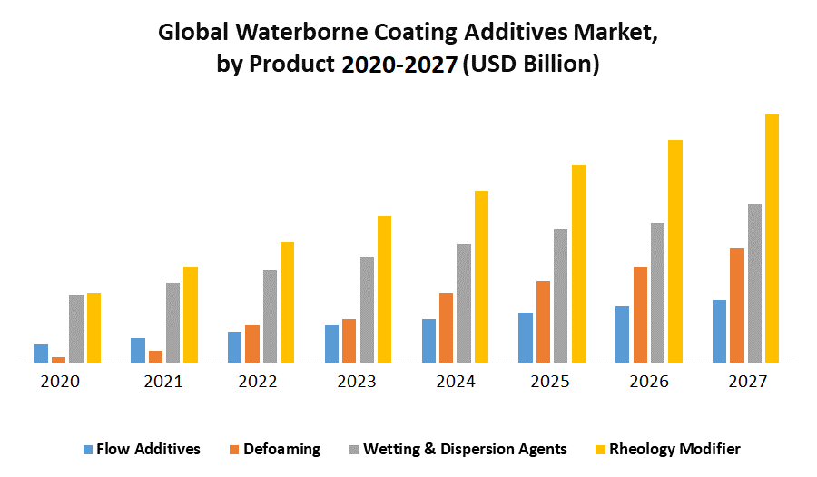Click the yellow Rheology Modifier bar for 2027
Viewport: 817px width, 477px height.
[x=772, y=238]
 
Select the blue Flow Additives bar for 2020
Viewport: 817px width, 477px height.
[x=41, y=353]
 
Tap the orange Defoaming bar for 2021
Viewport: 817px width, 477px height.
[x=155, y=356]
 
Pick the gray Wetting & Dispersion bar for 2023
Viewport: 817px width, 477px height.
[x=367, y=310]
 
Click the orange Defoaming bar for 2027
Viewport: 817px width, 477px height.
[x=736, y=305]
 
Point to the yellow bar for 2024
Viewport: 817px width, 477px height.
[x=481, y=276]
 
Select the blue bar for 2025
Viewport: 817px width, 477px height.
[x=525, y=337]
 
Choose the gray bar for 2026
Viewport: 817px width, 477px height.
[x=657, y=293]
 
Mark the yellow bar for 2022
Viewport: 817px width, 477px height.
[x=287, y=302]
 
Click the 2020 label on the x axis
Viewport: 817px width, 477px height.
[x=61, y=382]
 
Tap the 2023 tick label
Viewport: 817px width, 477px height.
[x=357, y=382]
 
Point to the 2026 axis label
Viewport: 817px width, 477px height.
[x=649, y=382]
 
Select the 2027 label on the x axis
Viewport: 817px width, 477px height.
[x=747, y=382]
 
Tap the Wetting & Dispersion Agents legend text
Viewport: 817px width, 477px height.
[x=466, y=449]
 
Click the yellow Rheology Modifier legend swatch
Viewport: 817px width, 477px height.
[x=600, y=449]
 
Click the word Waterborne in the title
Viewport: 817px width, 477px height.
[x=286, y=33]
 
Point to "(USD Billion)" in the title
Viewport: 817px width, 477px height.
[x=531, y=65]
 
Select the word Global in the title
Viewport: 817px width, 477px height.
[x=191, y=33]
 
